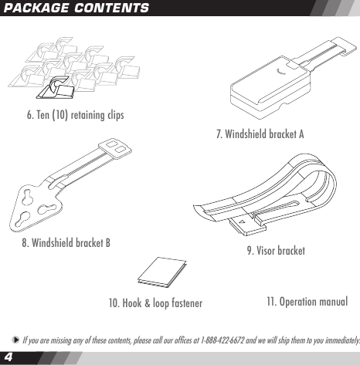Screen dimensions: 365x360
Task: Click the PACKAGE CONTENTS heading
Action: pos(76,8)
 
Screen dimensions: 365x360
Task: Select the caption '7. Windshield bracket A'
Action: pos(260,133)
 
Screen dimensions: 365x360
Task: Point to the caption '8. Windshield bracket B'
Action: pos(66,242)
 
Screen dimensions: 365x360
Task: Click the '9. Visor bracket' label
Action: pos(275,251)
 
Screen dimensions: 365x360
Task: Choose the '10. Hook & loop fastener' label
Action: pos(155,302)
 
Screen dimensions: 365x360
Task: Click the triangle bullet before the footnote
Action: pos(15,340)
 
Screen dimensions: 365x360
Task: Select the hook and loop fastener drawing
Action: pos(161,272)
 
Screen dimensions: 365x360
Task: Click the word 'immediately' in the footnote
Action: pos(338,340)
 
